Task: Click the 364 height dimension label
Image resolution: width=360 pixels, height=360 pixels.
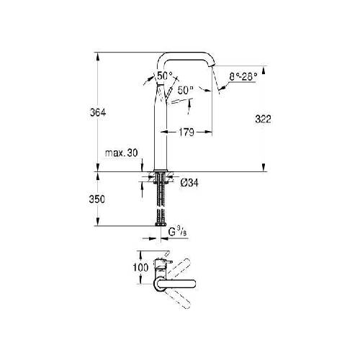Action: [x=98, y=112]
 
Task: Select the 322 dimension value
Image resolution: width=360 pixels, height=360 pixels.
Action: [x=263, y=120]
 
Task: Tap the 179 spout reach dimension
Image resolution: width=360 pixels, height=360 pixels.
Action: [x=186, y=132]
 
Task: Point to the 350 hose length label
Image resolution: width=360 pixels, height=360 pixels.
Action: [x=97, y=199]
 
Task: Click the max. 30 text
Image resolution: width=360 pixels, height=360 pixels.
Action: [x=122, y=153]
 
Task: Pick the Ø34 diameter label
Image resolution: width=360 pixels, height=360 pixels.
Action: [x=189, y=184]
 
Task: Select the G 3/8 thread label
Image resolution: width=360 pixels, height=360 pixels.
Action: [x=177, y=232]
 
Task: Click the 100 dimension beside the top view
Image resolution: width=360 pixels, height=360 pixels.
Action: [x=140, y=267]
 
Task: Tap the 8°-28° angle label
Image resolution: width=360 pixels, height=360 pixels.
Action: [x=243, y=77]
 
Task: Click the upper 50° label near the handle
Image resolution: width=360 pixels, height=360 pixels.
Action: [x=166, y=76]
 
